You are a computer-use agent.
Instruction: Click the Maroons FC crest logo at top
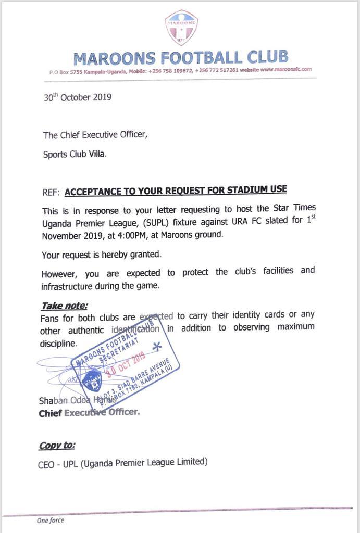[181, 28]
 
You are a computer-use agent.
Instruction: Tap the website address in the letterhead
[285, 69]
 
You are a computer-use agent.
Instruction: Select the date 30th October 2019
[77, 97]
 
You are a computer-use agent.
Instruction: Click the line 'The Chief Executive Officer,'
[95, 135]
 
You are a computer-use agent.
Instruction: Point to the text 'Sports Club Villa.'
[75, 155]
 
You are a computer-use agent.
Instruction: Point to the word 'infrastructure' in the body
[70, 286]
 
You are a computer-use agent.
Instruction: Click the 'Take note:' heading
[65, 306]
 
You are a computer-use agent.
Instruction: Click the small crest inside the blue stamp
[92, 383]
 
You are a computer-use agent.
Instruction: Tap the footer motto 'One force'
[50, 520]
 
